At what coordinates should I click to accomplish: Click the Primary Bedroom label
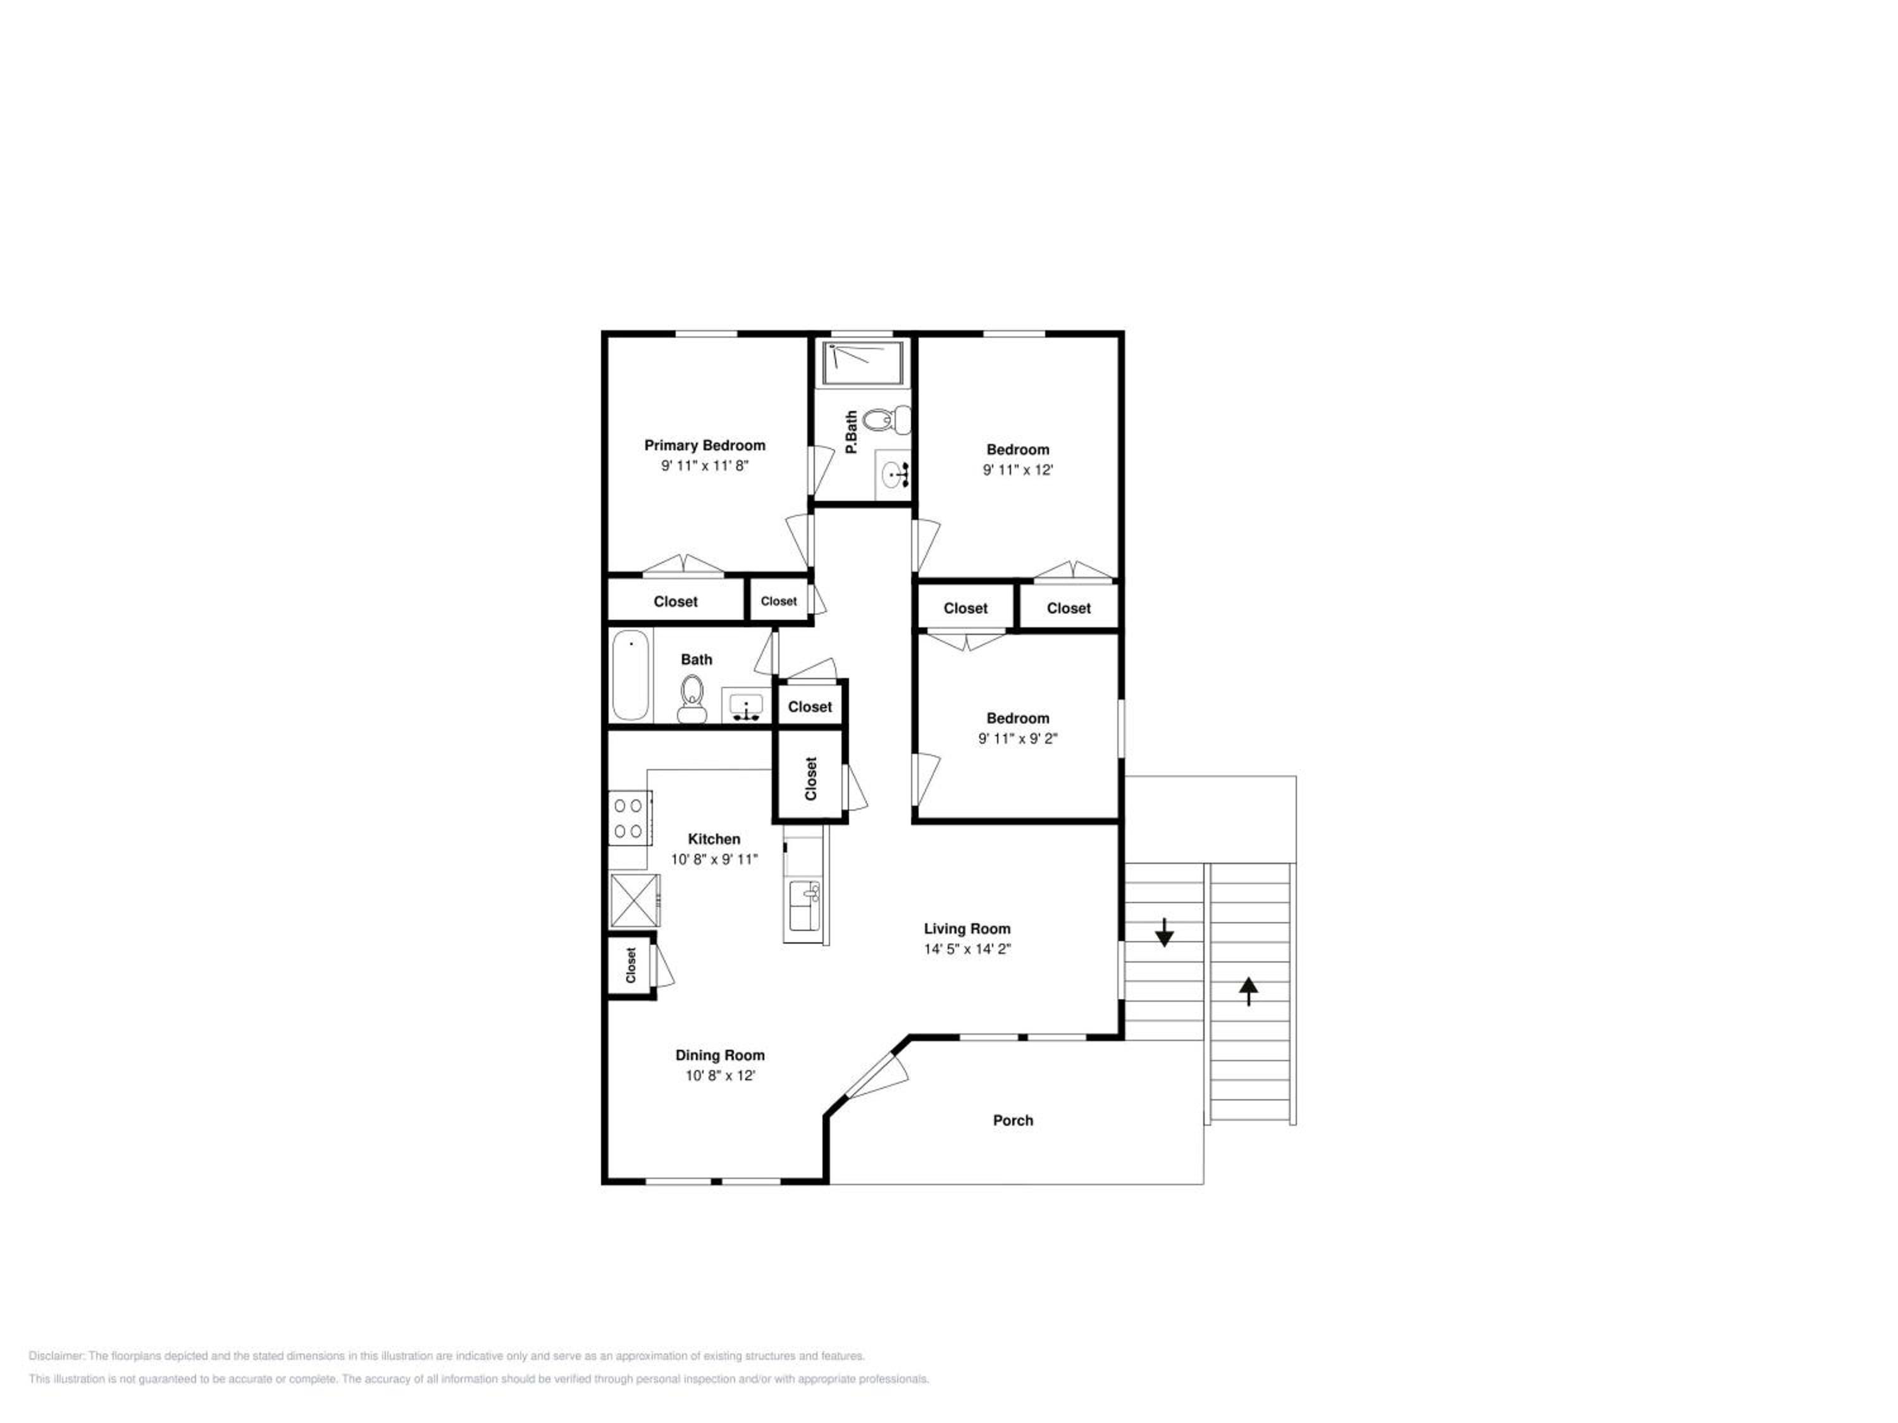click(704, 445)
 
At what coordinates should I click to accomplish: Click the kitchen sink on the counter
click(804, 905)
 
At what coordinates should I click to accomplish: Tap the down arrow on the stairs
click(1163, 932)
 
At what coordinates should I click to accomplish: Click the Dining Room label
click(720, 1055)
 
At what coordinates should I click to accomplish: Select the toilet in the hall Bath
click(692, 699)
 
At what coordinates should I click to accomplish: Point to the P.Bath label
click(851, 433)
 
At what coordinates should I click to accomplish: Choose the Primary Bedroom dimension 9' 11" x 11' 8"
click(704, 465)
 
